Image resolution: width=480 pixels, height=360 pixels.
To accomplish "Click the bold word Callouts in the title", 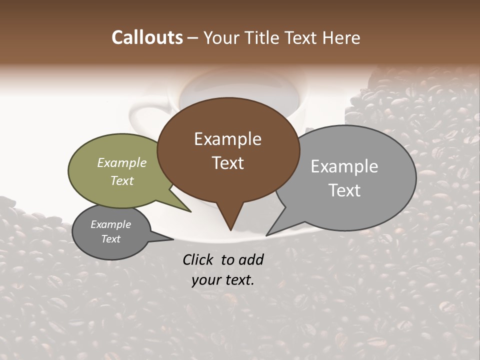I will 147,37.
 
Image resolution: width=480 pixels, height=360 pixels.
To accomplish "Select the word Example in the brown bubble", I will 227,139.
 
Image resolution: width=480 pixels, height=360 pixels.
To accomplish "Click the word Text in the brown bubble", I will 227,163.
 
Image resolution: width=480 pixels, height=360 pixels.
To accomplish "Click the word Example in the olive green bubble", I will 122,162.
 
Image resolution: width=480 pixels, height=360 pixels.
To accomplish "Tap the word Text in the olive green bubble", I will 122,180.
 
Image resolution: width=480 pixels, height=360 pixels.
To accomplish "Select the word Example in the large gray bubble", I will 344,166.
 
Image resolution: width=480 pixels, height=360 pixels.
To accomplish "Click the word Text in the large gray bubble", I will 344,190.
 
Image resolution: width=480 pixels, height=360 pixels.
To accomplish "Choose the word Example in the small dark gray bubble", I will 110,224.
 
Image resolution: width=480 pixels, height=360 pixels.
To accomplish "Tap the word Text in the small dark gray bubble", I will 110,239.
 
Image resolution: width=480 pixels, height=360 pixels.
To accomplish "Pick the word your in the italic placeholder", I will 206,280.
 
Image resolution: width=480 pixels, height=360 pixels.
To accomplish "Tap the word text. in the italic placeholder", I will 238,280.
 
